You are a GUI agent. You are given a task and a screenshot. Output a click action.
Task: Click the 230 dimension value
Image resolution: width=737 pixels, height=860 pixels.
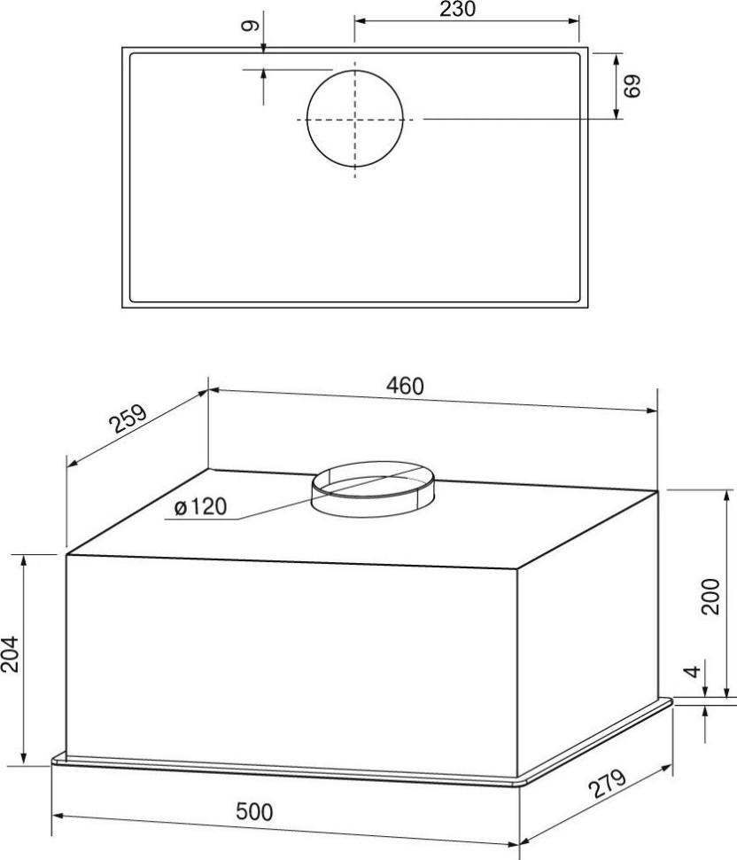tap(457, 10)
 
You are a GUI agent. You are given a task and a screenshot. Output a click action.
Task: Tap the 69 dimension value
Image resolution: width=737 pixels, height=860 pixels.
tap(632, 86)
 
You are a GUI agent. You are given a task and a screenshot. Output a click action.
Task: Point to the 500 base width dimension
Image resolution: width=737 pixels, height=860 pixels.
tap(256, 810)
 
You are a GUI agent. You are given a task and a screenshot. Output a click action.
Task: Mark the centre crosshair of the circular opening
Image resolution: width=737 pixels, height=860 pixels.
tap(356, 118)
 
